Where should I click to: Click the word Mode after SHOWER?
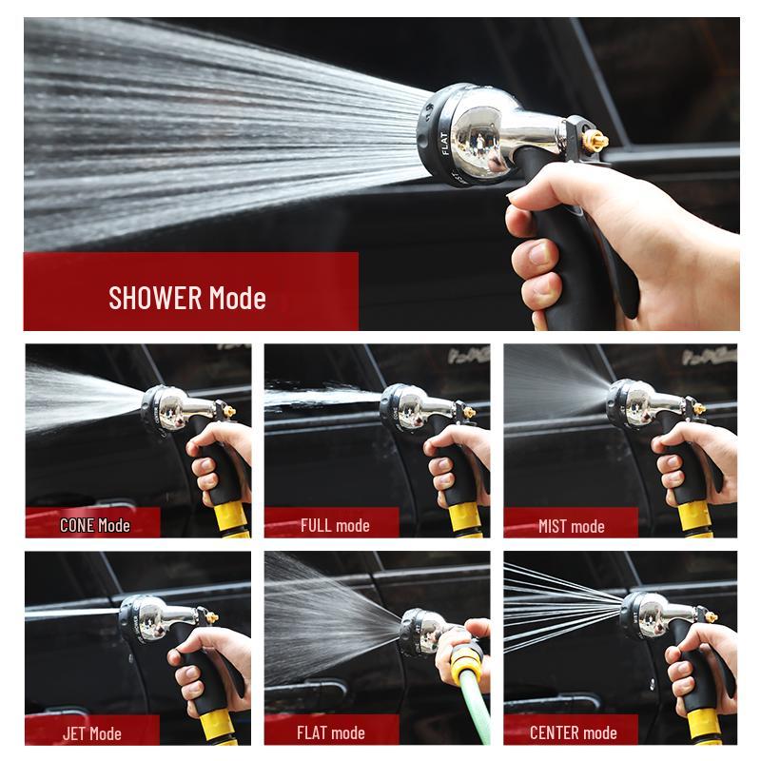[237, 297]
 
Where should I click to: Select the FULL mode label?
[335, 525]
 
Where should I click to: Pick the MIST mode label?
[571, 525]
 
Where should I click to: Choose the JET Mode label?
[91, 733]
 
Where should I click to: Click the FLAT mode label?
[331, 733]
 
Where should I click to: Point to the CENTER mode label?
[573, 733]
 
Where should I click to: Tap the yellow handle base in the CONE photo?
[232, 519]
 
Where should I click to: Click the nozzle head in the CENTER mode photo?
[647, 614]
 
